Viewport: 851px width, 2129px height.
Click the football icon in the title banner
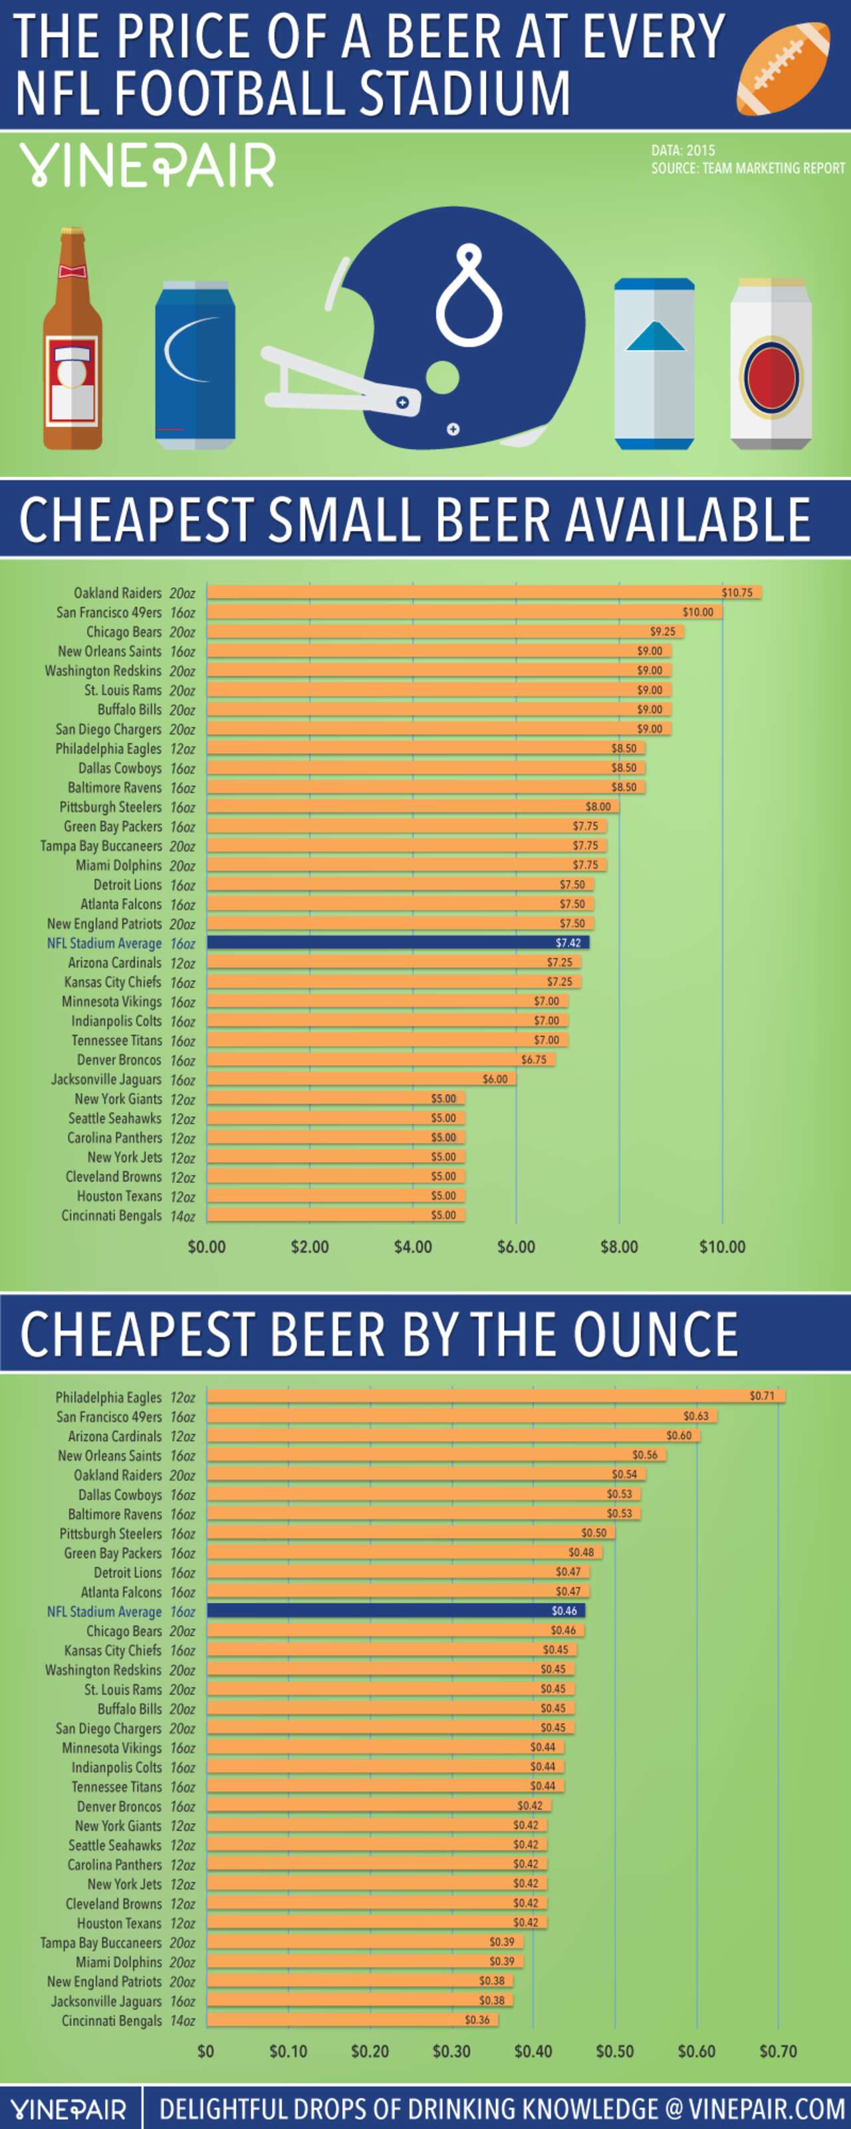point(783,69)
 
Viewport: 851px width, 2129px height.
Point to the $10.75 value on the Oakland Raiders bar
point(736,593)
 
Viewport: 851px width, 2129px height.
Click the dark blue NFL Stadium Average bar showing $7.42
point(397,943)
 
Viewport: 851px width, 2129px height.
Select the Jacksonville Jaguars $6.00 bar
point(360,1078)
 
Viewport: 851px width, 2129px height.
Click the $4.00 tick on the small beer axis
point(412,1246)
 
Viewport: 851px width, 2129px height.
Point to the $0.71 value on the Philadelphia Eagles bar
point(761,1396)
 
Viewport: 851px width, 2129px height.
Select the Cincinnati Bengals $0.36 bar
point(351,2020)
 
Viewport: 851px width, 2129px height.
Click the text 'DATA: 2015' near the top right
point(682,150)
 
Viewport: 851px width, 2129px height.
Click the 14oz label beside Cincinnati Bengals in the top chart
point(182,1216)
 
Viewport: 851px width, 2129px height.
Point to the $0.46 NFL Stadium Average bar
point(395,1611)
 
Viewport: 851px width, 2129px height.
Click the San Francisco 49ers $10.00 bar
point(463,611)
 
